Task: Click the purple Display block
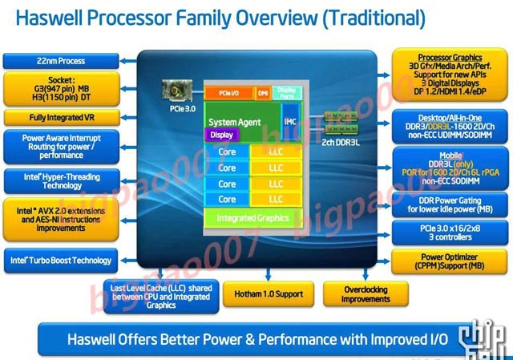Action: [x=222, y=135]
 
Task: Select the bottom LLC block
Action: [x=276, y=199]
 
